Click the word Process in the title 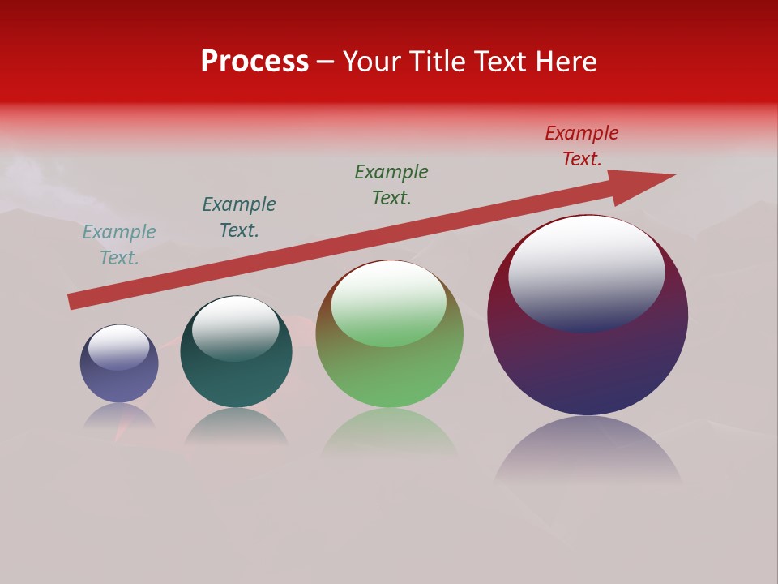tap(254, 62)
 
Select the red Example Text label tap(582, 146)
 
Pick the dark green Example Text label tap(391, 185)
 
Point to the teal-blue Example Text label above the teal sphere tap(239, 217)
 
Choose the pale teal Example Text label tap(119, 245)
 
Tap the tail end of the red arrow tap(75, 301)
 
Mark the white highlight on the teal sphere tap(236, 324)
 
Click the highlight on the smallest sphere tap(119, 346)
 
